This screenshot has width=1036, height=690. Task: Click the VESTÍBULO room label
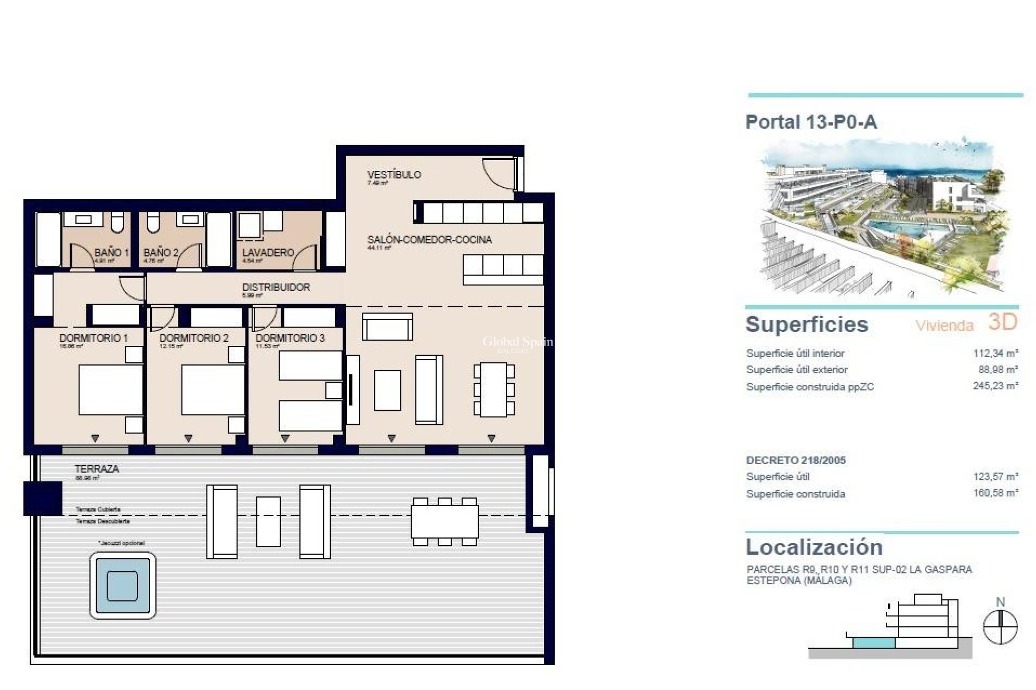point(394,175)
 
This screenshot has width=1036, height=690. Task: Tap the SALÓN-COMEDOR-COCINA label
point(430,240)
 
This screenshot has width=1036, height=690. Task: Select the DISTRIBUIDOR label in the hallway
point(276,287)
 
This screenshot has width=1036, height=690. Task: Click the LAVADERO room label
point(268,252)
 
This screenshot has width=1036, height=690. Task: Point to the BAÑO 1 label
point(111,252)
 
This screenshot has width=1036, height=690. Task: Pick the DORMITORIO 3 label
point(290,338)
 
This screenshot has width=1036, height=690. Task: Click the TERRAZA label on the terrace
point(97,469)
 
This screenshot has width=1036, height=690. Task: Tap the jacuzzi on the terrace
point(122,585)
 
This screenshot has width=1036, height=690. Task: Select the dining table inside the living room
point(494,390)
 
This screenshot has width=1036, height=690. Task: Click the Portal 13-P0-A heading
point(811,122)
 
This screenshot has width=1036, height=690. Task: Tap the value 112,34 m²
point(995,354)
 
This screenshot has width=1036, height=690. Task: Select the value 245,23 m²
point(995,387)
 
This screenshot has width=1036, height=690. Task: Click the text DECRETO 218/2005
point(796,460)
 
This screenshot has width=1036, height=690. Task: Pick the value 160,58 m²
point(995,493)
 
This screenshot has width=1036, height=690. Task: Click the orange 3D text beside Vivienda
point(1002,322)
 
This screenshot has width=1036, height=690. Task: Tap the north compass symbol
point(1000,626)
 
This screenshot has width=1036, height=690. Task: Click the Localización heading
point(814,547)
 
